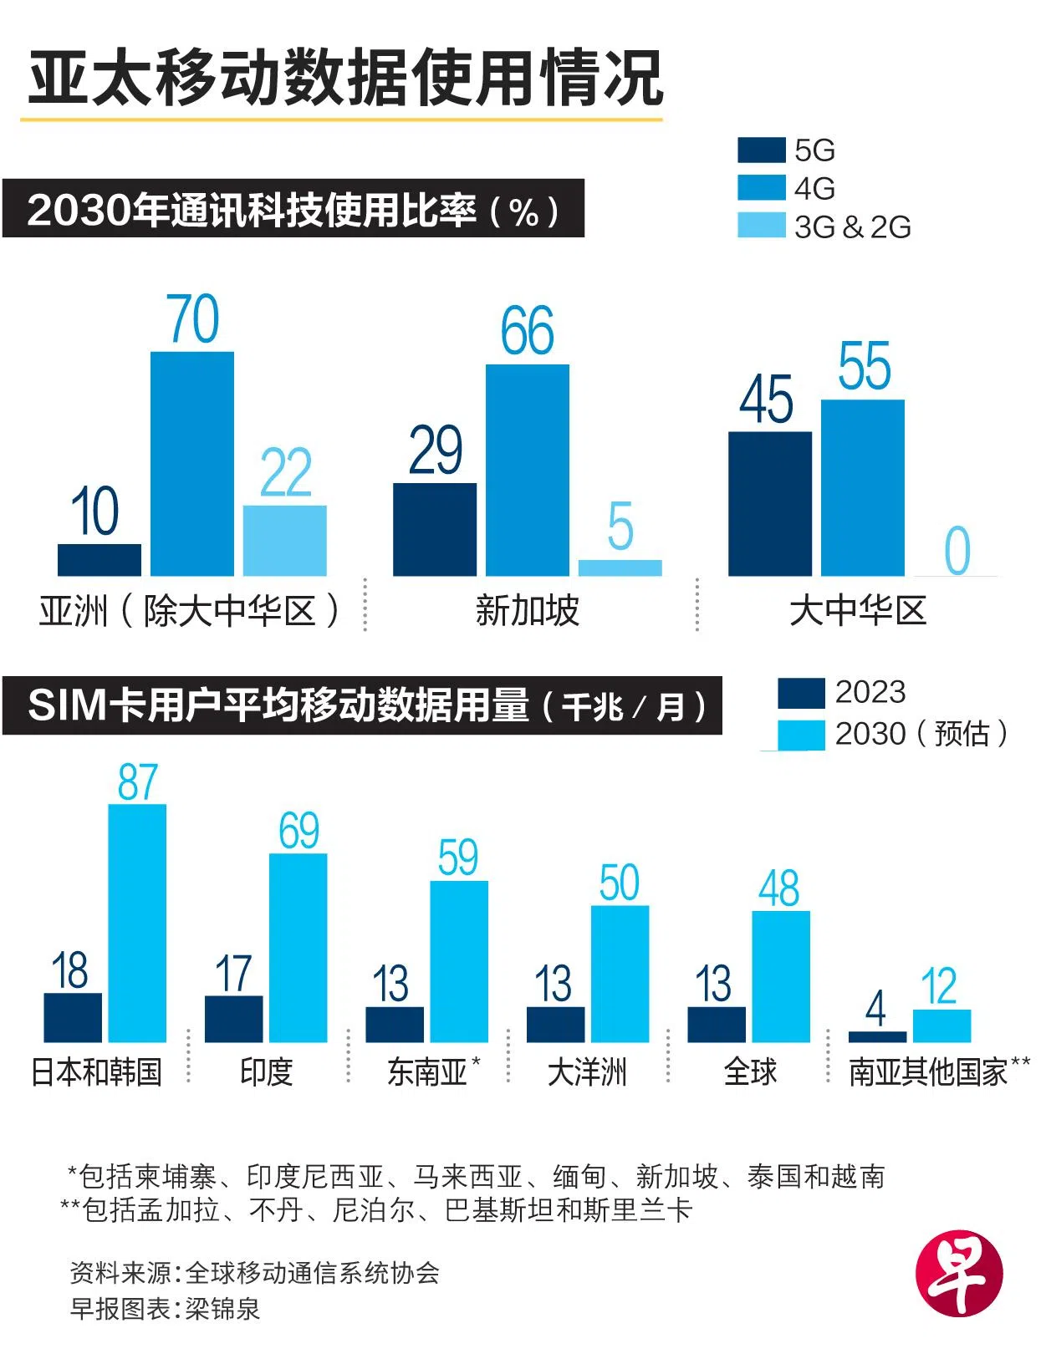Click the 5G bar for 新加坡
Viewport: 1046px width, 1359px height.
tap(435, 529)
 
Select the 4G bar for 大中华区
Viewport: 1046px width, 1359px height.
tap(862, 487)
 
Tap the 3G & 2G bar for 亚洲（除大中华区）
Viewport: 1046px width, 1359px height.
tap(284, 540)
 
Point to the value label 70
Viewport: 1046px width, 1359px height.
tap(193, 319)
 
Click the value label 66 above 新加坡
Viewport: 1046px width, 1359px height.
tap(527, 331)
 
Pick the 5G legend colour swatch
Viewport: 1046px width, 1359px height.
tap(761, 150)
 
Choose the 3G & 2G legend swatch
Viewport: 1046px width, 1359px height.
tap(761, 226)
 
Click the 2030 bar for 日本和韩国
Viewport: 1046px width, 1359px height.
tap(137, 923)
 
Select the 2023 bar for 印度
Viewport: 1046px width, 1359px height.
tap(233, 1019)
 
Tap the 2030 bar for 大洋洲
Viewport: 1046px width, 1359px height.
tap(620, 974)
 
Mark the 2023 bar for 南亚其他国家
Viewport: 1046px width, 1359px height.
tap(876, 1036)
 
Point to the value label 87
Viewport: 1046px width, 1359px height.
tap(137, 783)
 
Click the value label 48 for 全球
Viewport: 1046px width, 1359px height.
tap(779, 888)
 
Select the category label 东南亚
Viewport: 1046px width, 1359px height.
tap(427, 1072)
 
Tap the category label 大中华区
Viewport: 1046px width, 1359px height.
tap(858, 611)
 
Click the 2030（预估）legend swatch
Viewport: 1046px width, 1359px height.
tap(800, 735)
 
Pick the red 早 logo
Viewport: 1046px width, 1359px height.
tap(958, 1273)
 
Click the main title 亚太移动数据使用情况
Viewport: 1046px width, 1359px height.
tap(345, 79)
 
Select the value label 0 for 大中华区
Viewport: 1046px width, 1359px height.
tap(957, 551)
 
